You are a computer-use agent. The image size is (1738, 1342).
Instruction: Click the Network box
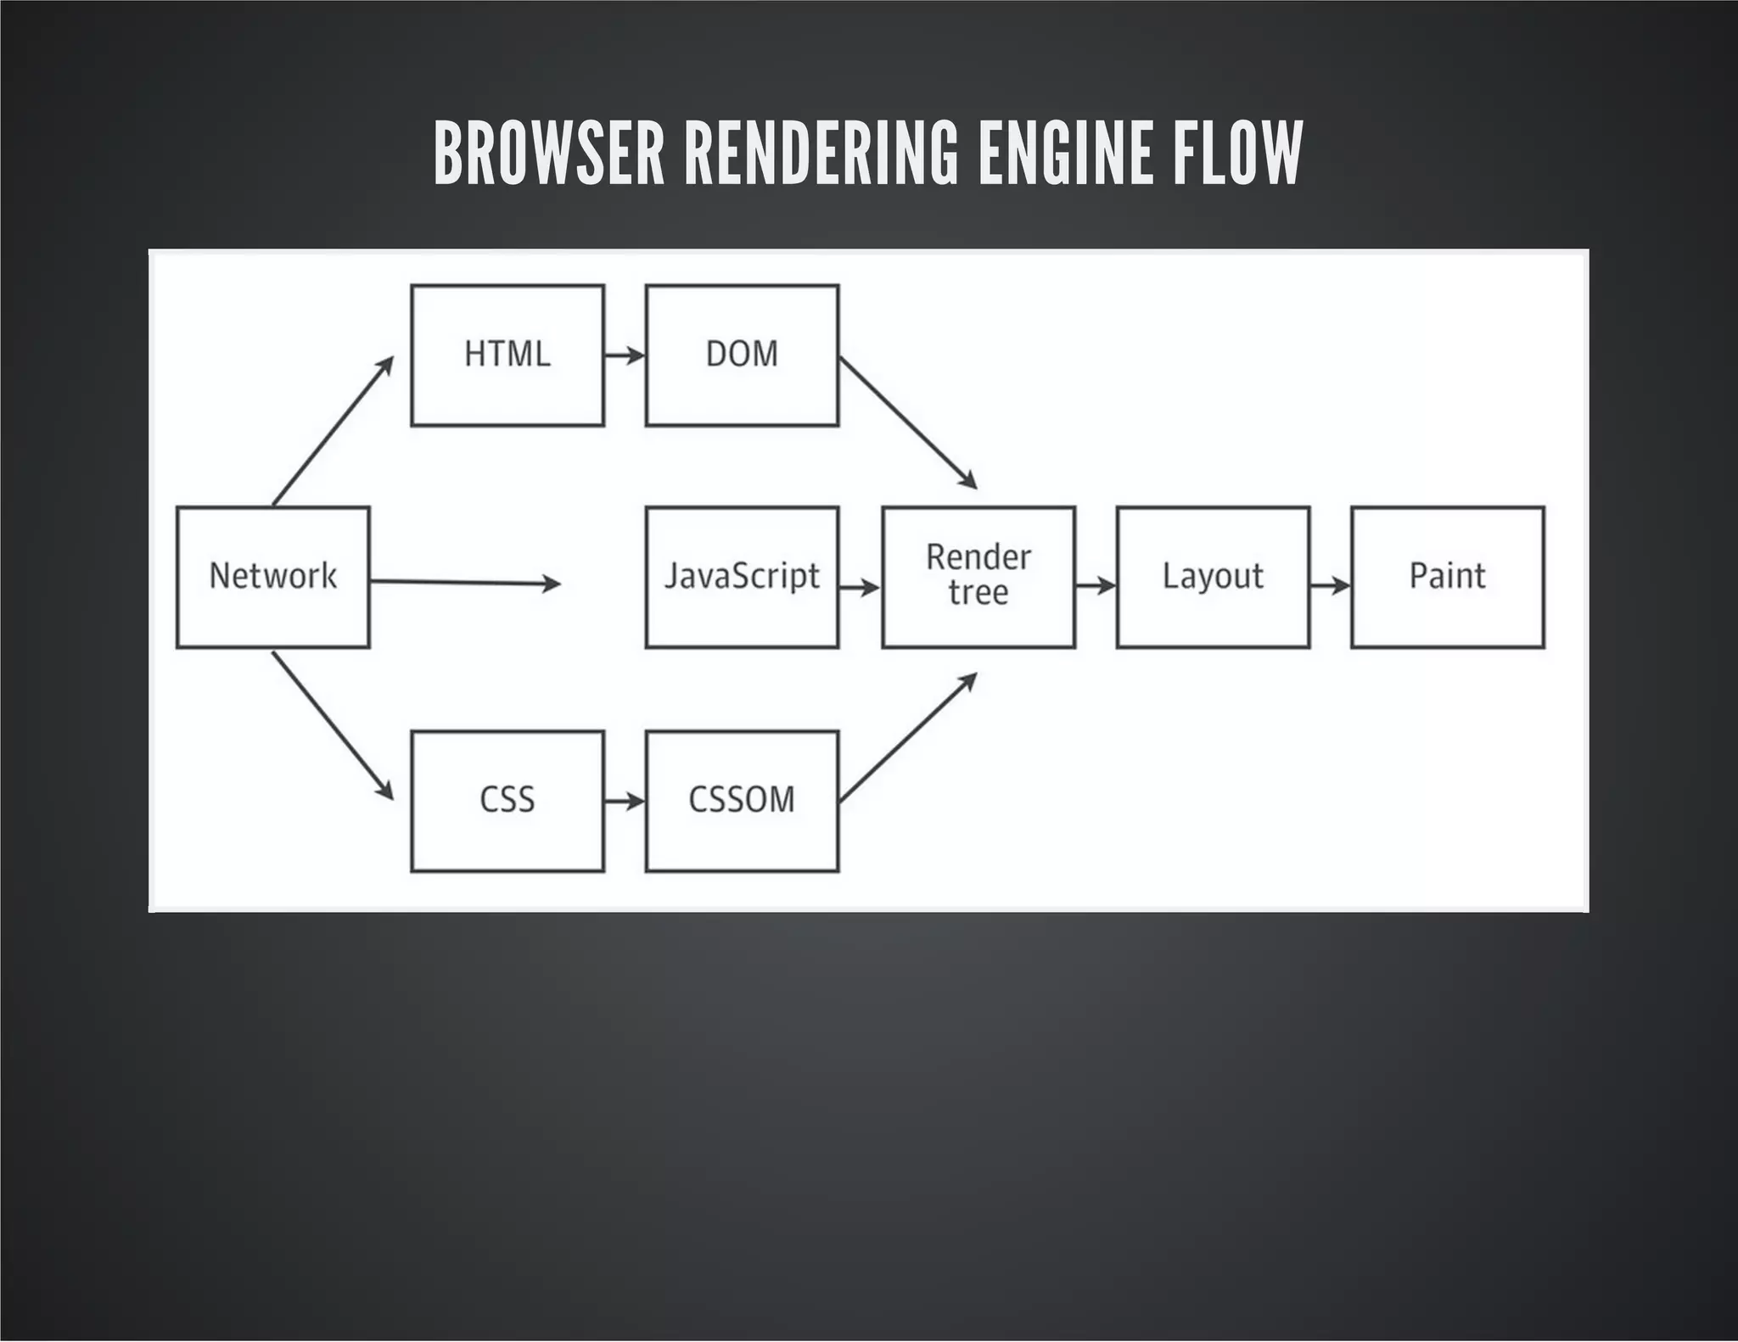[272, 577]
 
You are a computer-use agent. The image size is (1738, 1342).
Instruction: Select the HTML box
[507, 355]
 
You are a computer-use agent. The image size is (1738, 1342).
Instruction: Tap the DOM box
[742, 355]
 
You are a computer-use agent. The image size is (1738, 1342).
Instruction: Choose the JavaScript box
[742, 577]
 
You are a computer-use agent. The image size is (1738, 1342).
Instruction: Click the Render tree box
[978, 577]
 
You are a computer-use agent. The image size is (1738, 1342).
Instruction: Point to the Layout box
[1213, 577]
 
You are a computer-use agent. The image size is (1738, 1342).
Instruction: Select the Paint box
[1447, 577]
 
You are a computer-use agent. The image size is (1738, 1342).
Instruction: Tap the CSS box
[507, 800]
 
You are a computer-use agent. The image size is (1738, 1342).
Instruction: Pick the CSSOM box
[742, 800]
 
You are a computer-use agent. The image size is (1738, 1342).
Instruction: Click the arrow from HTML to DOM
[625, 355]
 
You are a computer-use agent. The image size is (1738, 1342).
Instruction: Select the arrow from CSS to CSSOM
[625, 800]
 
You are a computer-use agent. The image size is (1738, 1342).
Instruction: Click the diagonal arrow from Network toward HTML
[334, 430]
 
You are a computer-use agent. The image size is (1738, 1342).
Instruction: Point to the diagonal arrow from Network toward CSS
[334, 726]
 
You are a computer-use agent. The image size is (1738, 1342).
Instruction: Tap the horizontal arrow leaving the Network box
[465, 583]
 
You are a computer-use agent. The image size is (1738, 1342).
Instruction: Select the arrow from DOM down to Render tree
[908, 422]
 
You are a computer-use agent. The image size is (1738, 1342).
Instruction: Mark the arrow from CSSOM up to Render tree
[908, 737]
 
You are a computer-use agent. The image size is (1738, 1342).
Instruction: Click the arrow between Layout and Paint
[1330, 585]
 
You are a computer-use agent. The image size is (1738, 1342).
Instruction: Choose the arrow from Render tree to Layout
[1095, 585]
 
